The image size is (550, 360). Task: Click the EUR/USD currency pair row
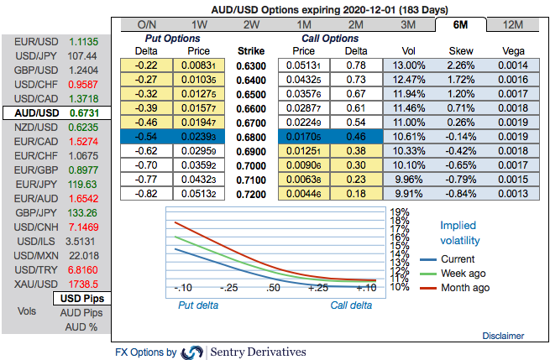(55, 41)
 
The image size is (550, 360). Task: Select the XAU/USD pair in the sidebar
(55, 284)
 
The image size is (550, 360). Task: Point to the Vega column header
(512, 51)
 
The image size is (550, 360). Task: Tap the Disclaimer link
(503, 336)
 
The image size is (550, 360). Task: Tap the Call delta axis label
(350, 305)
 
